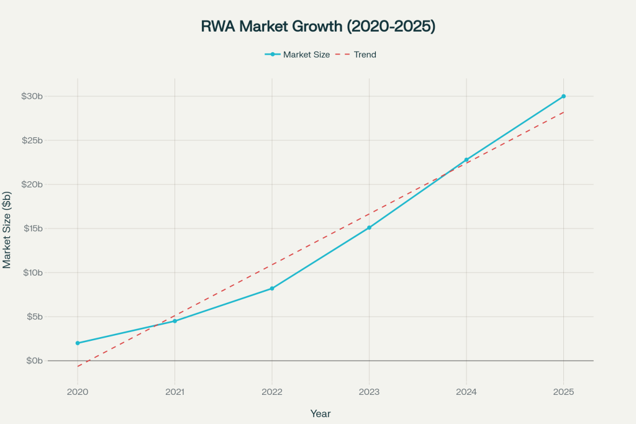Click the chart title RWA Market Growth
[317, 26]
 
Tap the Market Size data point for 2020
[78, 343]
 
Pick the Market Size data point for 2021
[175, 321]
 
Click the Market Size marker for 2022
[272, 288]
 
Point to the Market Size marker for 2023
[369, 227]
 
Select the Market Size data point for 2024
[466, 160]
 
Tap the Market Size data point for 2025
[563, 96]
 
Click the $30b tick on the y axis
[31, 96]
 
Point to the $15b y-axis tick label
[31, 228]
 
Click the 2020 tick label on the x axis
[78, 392]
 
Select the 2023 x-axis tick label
[369, 392]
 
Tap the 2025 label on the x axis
[563, 392]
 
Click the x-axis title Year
[320, 413]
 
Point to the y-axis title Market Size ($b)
[7, 229]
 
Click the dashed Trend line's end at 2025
[563, 112]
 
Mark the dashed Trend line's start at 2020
[78, 366]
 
